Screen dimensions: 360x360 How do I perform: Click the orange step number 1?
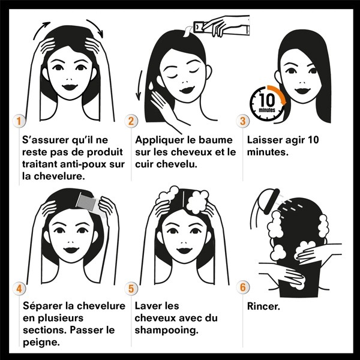click(20, 121)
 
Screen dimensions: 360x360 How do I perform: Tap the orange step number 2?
click(132, 121)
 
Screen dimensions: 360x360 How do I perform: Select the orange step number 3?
click(243, 121)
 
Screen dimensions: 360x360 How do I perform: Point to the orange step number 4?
click(20, 289)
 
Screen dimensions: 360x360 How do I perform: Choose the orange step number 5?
click(132, 289)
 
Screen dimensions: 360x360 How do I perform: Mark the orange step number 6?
click(243, 289)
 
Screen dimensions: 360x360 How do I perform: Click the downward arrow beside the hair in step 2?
click(142, 81)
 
